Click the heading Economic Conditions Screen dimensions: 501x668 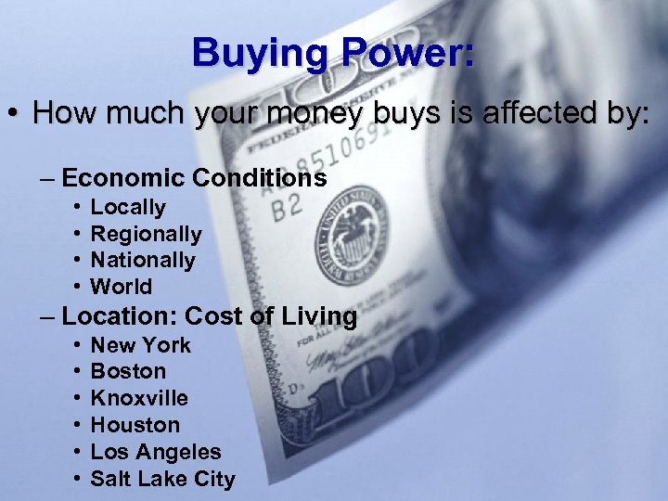(x=194, y=177)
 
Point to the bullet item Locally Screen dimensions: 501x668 (x=128, y=207)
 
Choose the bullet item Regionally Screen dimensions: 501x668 (x=146, y=234)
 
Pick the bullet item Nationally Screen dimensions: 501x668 (x=143, y=260)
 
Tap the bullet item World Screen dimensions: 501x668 (x=122, y=287)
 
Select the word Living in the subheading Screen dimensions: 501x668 (x=318, y=316)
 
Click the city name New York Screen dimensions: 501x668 (x=140, y=345)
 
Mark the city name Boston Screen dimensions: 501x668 (x=128, y=371)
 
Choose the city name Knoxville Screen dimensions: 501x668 (x=139, y=398)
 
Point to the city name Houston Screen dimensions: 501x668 (x=135, y=425)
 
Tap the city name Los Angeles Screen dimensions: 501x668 (x=156, y=452)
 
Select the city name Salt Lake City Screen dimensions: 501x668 (x=162, y=479)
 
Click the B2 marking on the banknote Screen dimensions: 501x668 (x=288, y=207)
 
